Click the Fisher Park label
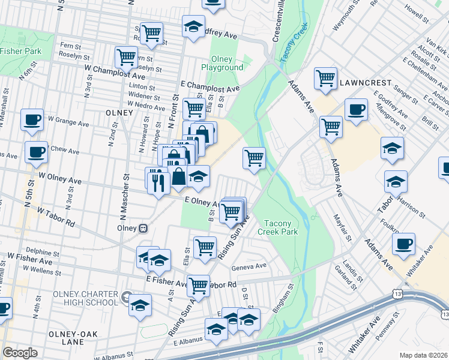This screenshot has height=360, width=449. point(21,51)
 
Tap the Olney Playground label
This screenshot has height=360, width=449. point(226,64)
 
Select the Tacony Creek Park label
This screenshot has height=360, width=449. point(277,227)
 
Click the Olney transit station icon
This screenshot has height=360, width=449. point(143,228)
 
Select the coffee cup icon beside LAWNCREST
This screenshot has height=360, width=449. point(356,110)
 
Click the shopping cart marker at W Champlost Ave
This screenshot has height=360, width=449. point(127,58)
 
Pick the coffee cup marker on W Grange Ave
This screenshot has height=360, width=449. point(32,119)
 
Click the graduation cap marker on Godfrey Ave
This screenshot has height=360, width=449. point(193,26)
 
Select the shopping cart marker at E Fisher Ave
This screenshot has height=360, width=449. point(198,286)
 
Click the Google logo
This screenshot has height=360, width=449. point(20,353)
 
